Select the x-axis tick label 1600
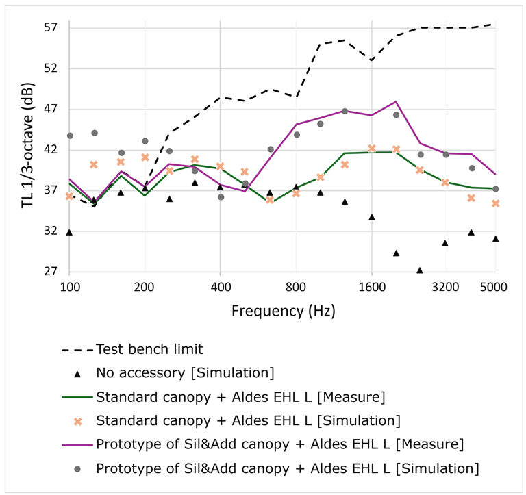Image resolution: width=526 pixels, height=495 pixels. [371, 288]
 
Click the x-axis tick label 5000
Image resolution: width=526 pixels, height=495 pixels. [494, 288]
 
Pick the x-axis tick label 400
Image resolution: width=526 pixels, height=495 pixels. [220, 288]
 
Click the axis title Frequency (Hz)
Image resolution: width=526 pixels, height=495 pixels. [283, 312]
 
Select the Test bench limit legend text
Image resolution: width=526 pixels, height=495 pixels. [150, 349]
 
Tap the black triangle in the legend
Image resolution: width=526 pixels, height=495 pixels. [77, 373]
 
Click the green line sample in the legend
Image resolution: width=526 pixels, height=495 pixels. [77, 397]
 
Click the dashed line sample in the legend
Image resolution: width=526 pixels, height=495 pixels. [77, 349]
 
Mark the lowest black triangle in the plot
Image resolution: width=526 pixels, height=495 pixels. [420, 270]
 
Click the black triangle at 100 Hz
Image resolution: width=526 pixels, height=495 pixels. [69, 233]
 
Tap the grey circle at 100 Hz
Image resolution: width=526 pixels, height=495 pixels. [70, 136]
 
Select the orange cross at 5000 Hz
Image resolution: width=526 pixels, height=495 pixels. [495, 203]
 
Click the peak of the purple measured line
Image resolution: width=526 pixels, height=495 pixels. [396, 101]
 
